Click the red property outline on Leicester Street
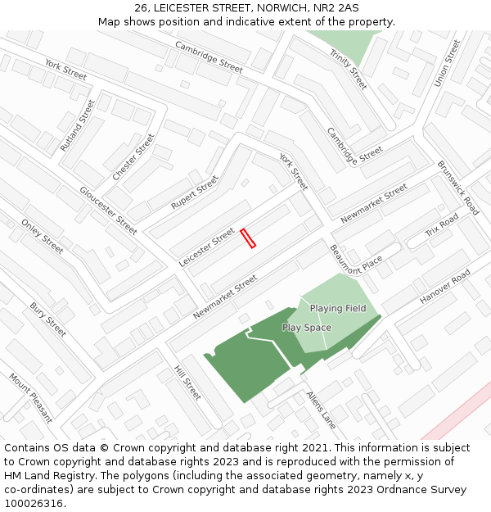[x=249, y=238]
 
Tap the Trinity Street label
[x=349, y=70]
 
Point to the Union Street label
[x=442, y=63]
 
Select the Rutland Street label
[x=78, y=125]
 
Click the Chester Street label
[x=133, y=157]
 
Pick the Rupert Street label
[x=195, y=192]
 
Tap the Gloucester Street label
[x=108, y=210]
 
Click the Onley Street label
[x=42, y=236]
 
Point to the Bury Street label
[x=47, y=319]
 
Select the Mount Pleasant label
[x=31, y=398]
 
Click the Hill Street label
[x=187, y=383]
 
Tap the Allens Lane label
[x=322, y=410]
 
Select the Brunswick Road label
[x=457, y=188]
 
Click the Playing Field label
[x=338, y=308]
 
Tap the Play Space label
[x=307, y=328]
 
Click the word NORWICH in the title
[x=266, y=7]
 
